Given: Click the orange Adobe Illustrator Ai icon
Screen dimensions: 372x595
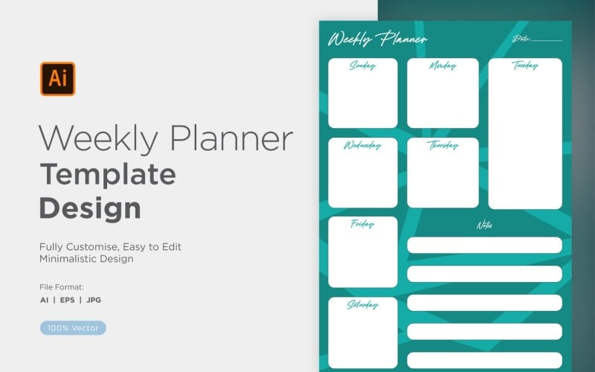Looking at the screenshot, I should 57,79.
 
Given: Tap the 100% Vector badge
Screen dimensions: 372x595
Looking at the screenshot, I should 74,327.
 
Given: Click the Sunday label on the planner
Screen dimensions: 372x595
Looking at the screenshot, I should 362,66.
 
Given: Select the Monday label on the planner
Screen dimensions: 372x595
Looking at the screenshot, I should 443,66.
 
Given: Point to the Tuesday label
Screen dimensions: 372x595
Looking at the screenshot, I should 524,65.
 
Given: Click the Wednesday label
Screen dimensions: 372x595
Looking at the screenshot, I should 362,145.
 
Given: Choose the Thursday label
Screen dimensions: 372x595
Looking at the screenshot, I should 443,145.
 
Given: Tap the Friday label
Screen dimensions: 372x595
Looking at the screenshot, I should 362,224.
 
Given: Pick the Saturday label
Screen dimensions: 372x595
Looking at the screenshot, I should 362,305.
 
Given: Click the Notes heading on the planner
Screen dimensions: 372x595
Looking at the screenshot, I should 484,225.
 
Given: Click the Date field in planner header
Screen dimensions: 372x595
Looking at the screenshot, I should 537,39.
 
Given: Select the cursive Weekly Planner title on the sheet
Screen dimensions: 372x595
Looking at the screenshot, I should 378,39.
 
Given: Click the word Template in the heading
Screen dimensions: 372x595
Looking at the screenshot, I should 108,174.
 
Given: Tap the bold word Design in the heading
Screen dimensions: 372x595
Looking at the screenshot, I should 90,208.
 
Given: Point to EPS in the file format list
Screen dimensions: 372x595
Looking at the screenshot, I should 71,300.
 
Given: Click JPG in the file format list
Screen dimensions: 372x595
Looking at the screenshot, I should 94,300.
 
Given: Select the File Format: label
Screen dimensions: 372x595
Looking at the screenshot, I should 62,286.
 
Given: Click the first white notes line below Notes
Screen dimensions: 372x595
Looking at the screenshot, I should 484,246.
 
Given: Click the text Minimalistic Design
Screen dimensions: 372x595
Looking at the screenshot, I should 86,259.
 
